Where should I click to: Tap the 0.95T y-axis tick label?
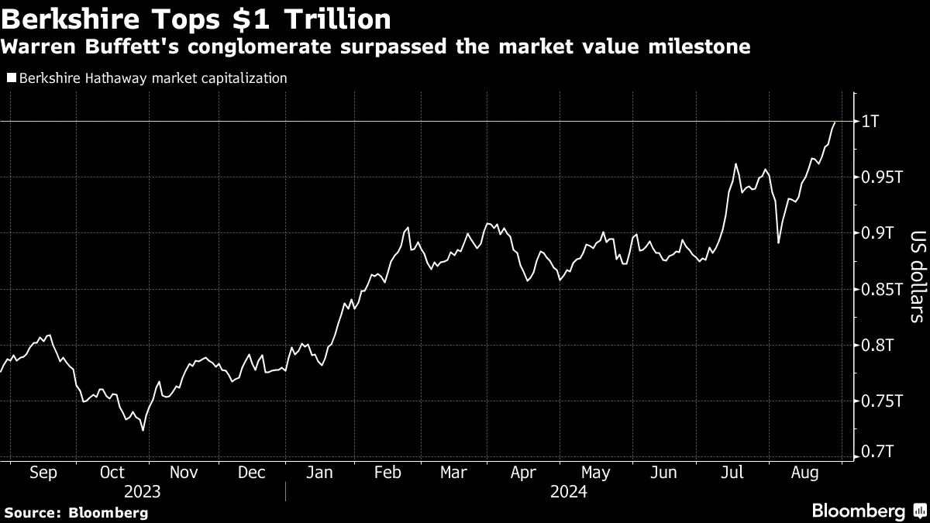(881, 177)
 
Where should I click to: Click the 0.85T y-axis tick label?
(881, 290)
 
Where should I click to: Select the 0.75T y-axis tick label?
(881, 401)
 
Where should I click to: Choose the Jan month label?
(321, 473)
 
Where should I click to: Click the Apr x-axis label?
(525, 473)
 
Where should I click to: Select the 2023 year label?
(142, 492)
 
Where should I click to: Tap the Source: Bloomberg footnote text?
(76, 512)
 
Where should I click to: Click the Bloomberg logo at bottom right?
(868, 511)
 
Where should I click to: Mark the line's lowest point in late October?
(143, 430)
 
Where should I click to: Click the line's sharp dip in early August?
(778, 243)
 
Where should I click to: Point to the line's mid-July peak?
(735, 164)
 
